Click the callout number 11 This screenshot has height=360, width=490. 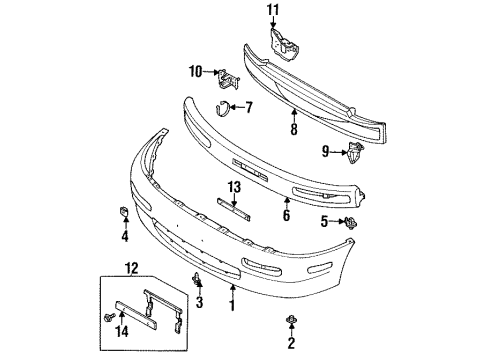click(x=273, y=10)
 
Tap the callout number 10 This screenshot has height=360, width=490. click(x=196, y=71)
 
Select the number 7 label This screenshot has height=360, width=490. click(x=249, y=107)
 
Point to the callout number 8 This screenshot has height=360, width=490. click(x=294, y=129)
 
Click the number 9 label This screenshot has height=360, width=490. click(x=325, y=152)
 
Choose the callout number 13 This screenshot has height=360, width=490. click(x=234, y=187)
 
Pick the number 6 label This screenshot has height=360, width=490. click(x=286, y=215)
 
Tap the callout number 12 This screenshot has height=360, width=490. click(x=131, y=268)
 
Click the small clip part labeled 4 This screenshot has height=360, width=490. click(x=124, y=211)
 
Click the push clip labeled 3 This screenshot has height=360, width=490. click(x=198, y=279)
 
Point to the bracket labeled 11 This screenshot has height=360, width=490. click(x=284, y=45)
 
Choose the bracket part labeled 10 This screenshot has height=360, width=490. click(x=229, y=79)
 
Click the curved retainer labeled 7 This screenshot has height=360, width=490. click(x=221, y=108)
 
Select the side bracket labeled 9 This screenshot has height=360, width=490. click(x=355, y=153)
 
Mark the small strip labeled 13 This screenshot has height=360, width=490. click(x=234, y=209)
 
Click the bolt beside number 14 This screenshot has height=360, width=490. click(x=109, y=317)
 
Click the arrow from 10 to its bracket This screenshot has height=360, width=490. click(x=211, y=71)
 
